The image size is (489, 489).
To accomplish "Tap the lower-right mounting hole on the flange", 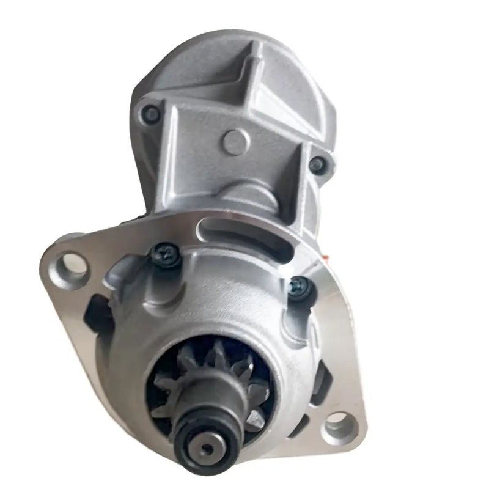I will click(x=340, y=422).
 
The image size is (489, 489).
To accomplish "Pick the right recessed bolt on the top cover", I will click(x=317, y=164).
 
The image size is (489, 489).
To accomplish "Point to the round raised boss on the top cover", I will click(x=235, y=142).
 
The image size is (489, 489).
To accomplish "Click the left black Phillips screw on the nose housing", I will click(x=164, y=252).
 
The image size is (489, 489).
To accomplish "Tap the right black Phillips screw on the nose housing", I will click(x=299, y=285).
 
